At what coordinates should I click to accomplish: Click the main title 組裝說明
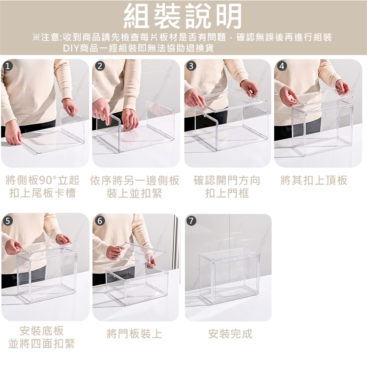pyautogui.click(x=183, y=16)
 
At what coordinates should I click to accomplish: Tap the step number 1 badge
pyautogui.click(x=8, y=66)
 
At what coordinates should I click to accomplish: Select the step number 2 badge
pyautogui.click(x=100, y=66)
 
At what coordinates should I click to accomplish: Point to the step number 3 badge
pyautogui.click(x=191, y=66)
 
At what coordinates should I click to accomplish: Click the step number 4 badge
pyautogui.click(x=282, y=66)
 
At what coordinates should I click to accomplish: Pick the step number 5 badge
pyautogui.click(x=8, y=221)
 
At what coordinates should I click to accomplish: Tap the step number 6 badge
pyautogui.click(x=100, y=221)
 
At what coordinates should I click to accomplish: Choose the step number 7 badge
pyautogui.click(x=191, y=221)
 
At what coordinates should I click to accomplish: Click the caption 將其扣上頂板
pyautogui.click(x=314, y=180)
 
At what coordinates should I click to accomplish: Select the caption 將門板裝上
pyautogui.click(x=134, y=334)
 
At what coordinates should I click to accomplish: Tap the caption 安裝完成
pyautogui.click(x=230, y=334)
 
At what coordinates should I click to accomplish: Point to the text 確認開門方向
pyautogui.click(x=227, y=180)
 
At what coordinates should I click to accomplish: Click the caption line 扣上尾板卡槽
pyautogui.click(x=42, y=193)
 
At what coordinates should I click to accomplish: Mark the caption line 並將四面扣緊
pyautogui.click(x=42, y=344)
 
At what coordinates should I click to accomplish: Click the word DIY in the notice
pyautogui.click(x=71, y=48)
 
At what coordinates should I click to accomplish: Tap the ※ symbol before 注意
pyautogui.click(x=36, y=37)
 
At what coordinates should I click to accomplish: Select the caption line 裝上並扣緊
pyautogui.click(x=134, y=193)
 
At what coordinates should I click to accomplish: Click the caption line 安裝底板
pyautogui.click(x=42, y=331)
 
